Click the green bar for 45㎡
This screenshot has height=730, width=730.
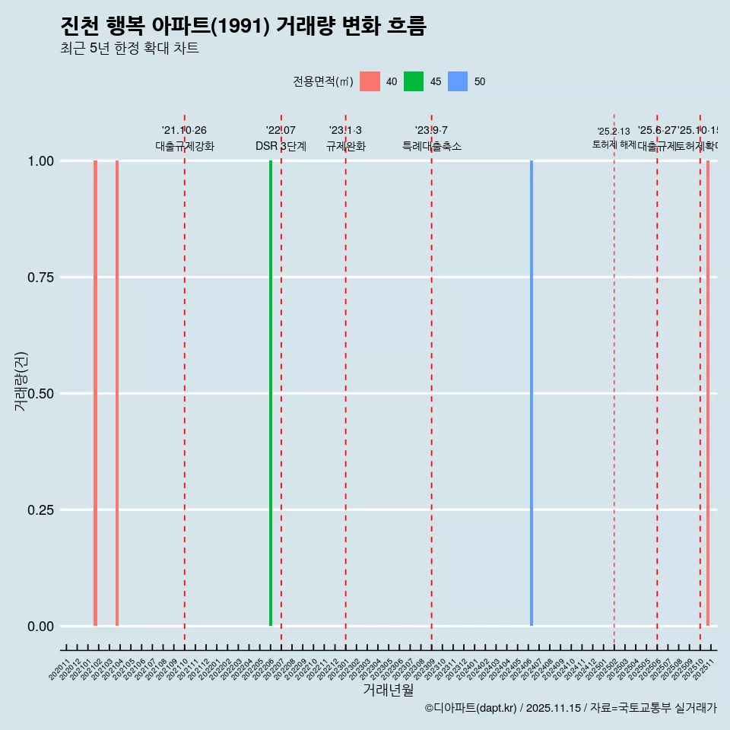(x=271, y=393)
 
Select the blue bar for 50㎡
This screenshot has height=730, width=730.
(x=532, y=393)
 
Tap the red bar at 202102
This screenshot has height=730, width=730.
(x=95, y=393)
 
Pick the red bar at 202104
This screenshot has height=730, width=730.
(x=117, y=393)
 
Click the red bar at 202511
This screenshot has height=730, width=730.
(x=708, y=393)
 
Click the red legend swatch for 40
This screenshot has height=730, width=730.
(x=370, y=81)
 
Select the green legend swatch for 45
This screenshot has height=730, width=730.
(x=414, y=81)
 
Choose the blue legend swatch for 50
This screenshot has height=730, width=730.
(x=458, y=81)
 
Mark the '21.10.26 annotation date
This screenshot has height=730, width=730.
(x=184, y=131)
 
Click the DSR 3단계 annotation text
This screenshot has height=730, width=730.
(x=281, y=147)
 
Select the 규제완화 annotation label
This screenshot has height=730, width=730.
(x=346, y=147)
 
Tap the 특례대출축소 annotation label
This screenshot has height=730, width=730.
(x=432, y=147)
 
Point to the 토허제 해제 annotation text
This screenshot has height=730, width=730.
(x=614, y=144)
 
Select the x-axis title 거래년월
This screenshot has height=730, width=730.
(x=388, y=690)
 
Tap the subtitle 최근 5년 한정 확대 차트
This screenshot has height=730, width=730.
(x=129, y=49)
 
